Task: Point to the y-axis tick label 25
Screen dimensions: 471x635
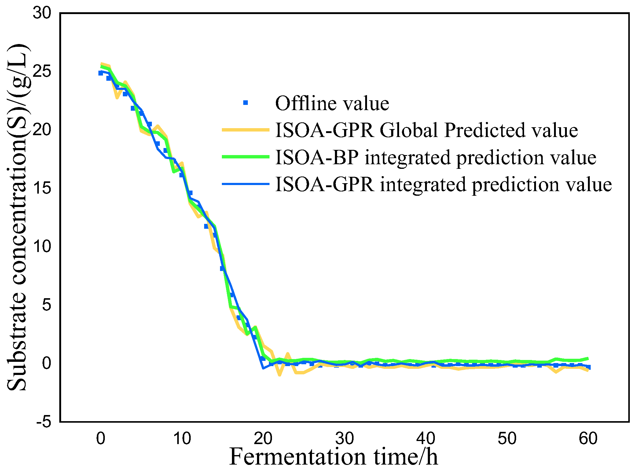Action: click(42, 71)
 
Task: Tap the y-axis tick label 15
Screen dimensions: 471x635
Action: click(42, 188)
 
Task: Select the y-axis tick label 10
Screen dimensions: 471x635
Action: click(42, 246)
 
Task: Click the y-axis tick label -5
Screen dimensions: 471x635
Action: click(44, 422)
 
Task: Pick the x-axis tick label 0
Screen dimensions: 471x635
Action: click(101, 438)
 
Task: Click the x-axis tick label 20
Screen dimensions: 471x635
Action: click(263, 438)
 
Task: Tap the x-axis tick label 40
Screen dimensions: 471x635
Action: click(425, 438)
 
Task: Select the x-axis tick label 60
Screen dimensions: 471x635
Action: click(588, 438)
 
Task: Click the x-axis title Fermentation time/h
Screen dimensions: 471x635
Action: click(334, 457)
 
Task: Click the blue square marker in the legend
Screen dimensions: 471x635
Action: click(245, 103)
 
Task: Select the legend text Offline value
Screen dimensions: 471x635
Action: click(332, 103)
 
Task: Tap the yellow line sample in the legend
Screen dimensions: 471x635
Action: click(245, 130)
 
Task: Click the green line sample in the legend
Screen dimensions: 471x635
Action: click(245, 157)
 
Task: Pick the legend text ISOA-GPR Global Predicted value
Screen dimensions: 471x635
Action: click(427, 130)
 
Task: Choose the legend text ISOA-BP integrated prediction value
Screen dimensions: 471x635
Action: click(436, 157)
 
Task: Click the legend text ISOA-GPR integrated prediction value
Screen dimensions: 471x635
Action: click(443, 184)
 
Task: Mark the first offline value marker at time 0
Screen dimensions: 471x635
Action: click(101, 73)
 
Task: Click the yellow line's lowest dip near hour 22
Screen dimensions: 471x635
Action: click(279, 374)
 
